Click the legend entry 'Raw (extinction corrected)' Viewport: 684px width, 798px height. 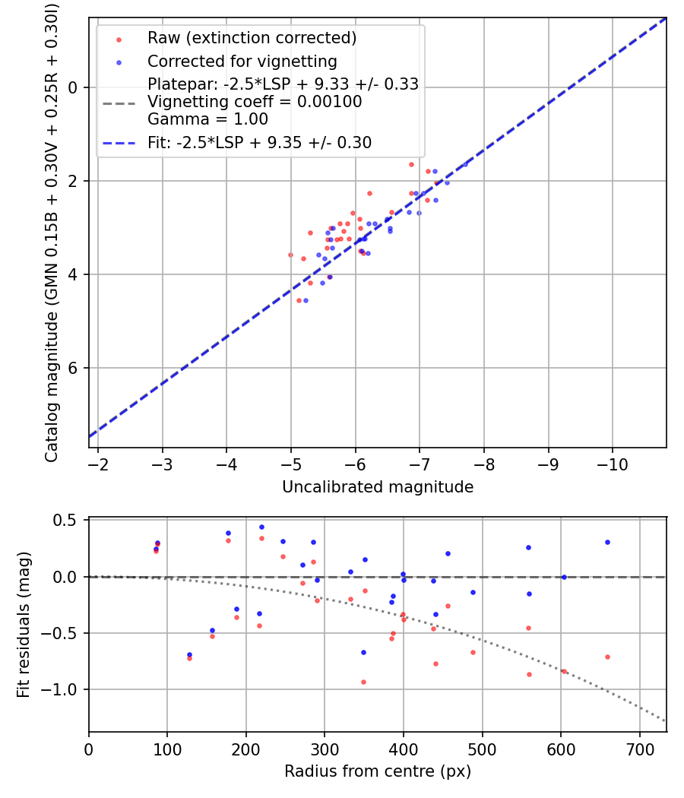tap(252, 38)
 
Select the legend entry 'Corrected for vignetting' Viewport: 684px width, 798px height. tap(242, 61)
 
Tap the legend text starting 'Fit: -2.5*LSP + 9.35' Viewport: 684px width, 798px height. tap(259, 142)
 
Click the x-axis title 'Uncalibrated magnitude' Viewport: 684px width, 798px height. tap(378, 487)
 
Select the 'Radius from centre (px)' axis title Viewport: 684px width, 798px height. tap(378, 771)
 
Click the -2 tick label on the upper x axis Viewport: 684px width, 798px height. tap(98, 463)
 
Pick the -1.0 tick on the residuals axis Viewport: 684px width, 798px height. tap(65, 689)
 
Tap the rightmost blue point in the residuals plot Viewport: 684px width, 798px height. tap(607, 542)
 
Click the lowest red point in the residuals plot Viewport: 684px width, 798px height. tap(363, 682)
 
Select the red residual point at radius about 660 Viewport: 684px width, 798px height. tap(607, 657)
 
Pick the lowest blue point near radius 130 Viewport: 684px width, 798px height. tap(189, 654)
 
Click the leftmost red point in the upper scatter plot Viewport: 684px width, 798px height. tap(290, 255)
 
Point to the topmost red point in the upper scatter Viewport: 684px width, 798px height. tap(411, 164)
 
